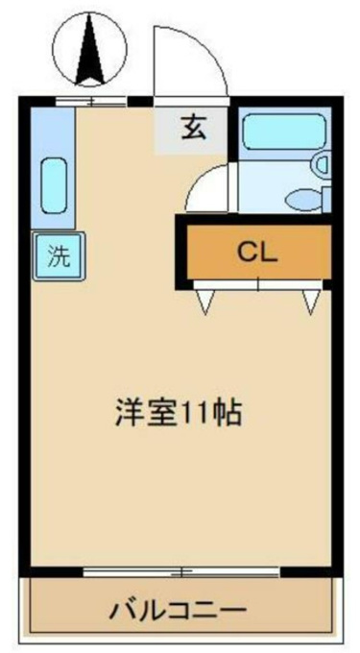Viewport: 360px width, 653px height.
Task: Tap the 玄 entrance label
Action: point(193,128)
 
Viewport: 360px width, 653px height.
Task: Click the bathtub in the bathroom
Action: point(285,132)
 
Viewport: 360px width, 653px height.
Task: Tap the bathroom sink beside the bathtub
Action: point(322,163)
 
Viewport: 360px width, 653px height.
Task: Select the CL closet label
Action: point(256,252)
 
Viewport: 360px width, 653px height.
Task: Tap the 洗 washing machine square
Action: point(59,256)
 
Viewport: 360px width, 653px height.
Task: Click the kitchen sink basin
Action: point(54,185)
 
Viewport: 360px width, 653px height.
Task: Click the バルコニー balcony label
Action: point(178,612)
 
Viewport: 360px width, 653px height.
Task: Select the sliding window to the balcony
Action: point(181,571)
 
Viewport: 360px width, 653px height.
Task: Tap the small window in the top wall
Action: point(91,101)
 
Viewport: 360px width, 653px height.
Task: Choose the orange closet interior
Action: point(259,252)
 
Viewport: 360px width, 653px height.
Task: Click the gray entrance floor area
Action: point(191,130)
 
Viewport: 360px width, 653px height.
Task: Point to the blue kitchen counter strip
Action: point(53,167)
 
